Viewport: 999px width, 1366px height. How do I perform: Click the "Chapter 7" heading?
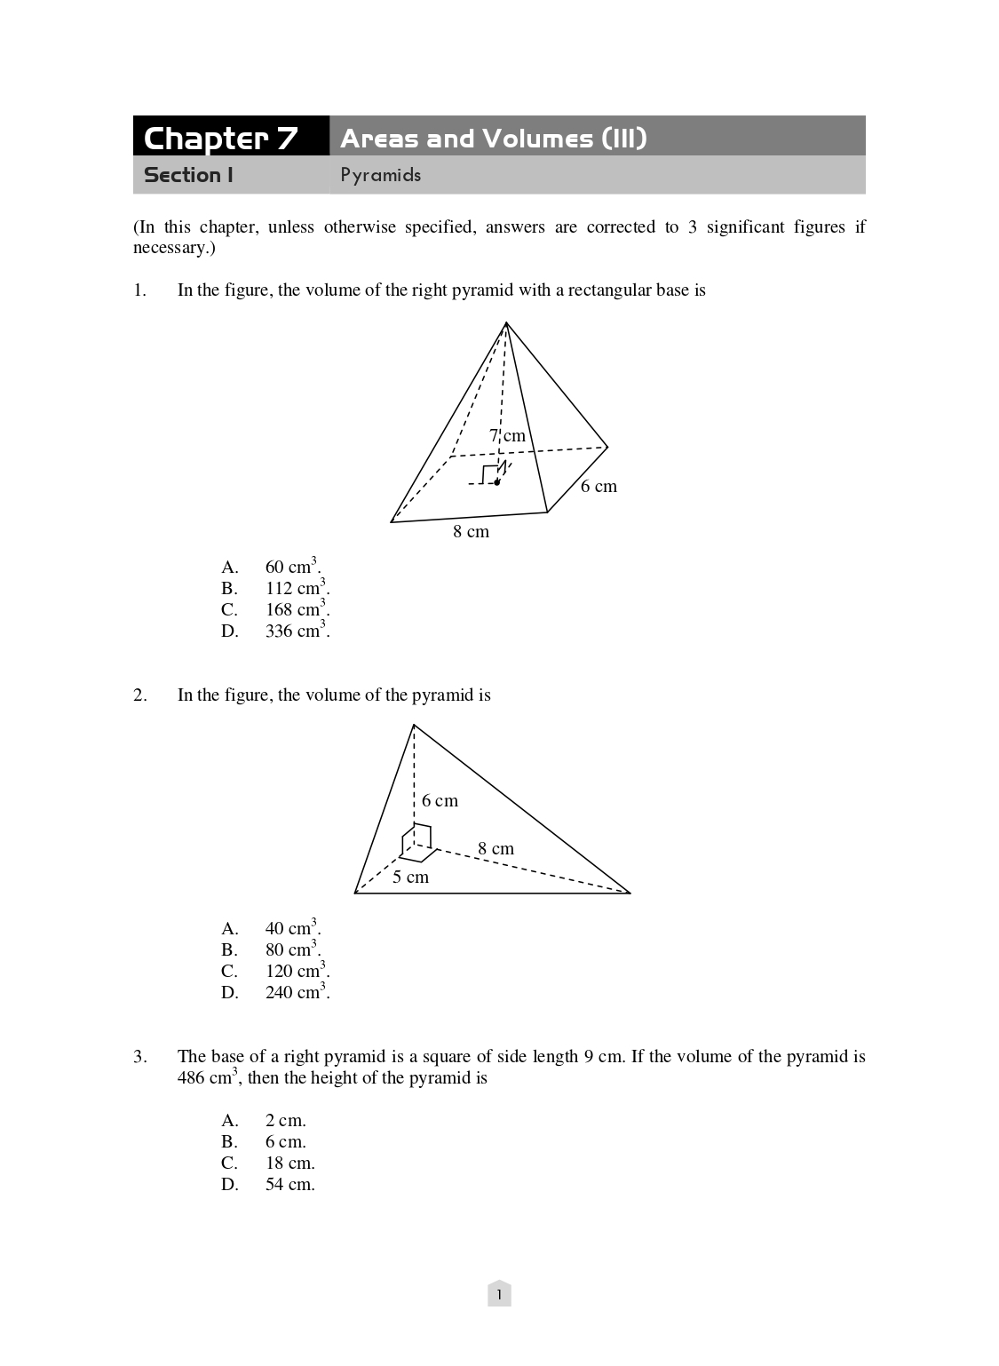[x=220, y=138]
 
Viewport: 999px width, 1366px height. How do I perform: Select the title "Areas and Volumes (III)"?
[x=493, y=138]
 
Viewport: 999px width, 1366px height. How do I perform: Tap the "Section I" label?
[x=188, y=175]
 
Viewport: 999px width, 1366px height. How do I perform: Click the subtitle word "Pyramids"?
[x=380, y=175]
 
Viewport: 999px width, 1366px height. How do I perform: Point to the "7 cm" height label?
[x=507, y=435]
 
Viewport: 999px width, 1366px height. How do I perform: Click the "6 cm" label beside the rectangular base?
[x=599, y=486]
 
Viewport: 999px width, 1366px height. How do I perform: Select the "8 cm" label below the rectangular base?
[x=471, y=531]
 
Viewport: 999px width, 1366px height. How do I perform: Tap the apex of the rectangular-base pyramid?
[x=506, y=323]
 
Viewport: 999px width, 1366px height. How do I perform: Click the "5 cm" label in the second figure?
[x=410, y=877]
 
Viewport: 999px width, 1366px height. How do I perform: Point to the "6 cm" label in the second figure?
[x=440, y=800]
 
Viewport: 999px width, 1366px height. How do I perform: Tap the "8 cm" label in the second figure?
[x=496, y=848]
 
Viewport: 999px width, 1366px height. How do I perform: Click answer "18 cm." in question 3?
[x=289, y=1163]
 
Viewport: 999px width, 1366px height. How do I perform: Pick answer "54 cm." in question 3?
[x=289, y=1184]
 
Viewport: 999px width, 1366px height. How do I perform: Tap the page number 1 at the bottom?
[x=499, y=1295]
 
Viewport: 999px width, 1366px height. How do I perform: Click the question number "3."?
[x=140, y=1056]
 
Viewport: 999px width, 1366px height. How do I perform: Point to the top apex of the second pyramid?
[x=414, y=726]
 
